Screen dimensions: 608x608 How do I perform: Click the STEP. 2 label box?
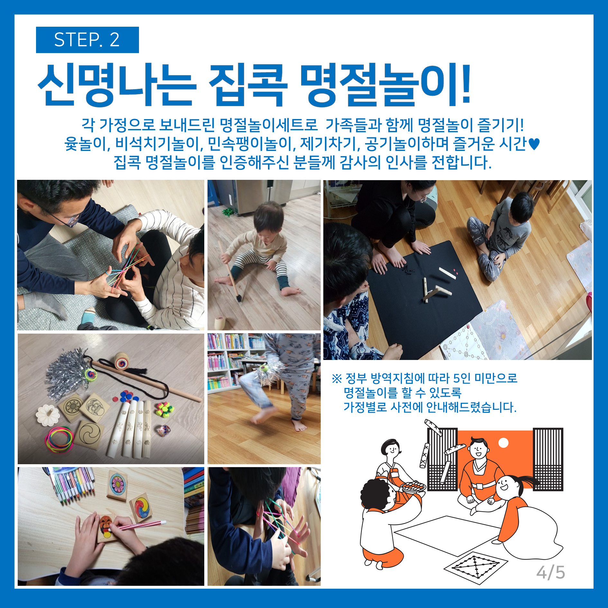(x=87, y=40)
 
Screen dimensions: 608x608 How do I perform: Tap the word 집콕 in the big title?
(x=248, y=85)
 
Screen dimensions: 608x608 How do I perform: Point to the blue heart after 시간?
(x=534, y=144)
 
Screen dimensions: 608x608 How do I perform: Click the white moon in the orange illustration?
(x=503, y=443)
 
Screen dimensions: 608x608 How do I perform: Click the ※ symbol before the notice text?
(x=336, y=379)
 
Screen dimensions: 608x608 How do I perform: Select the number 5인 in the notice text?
(x=462, y=378)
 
